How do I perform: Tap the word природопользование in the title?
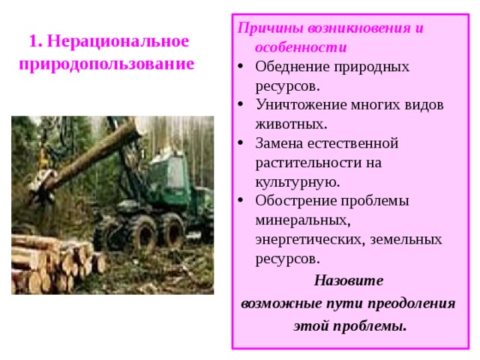click(x=106, y=63)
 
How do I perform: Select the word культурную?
click(x=297, y=181)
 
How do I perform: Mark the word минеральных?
click(x=302, y=220)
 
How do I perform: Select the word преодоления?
click(x=414, y=304)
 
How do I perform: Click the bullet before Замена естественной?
click(x=241, y=143)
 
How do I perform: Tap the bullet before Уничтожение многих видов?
click(x=241, y=105)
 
